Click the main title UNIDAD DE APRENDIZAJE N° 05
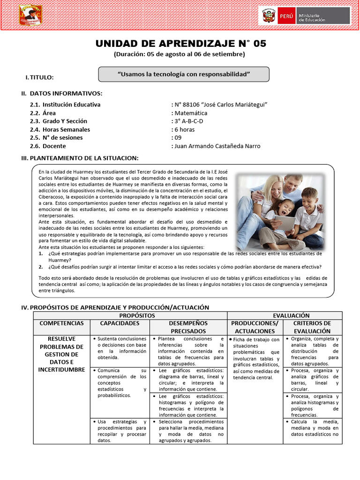click(180, 44)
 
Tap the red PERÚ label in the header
click(286, 16)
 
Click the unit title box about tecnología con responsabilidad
click(184, 74)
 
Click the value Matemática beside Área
click(191, 113)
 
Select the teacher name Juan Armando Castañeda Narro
click(217, 146)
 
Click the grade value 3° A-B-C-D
click(189, 121)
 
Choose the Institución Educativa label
click(71, 105)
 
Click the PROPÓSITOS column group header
click(130, 315)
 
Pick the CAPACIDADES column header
click(120, 323)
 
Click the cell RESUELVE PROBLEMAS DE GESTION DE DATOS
click(61, 354)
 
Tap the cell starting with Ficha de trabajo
click(256, 358)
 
